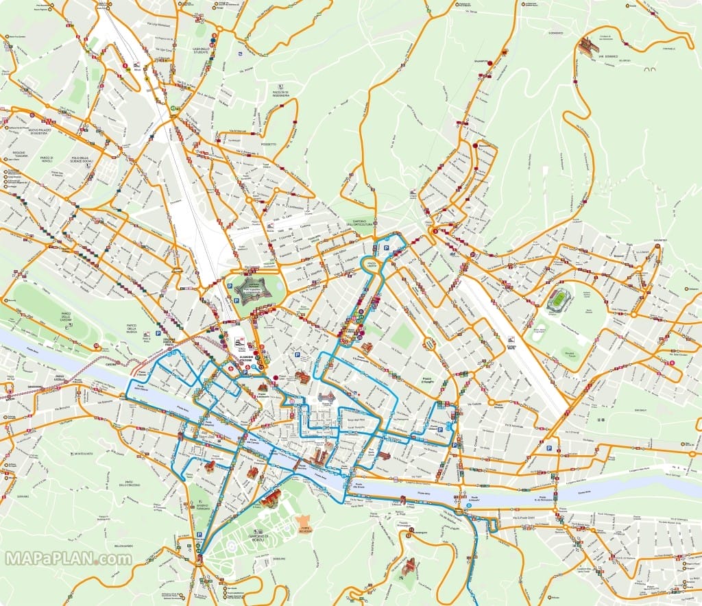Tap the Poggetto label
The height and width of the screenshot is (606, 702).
268,145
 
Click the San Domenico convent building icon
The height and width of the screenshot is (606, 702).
586,46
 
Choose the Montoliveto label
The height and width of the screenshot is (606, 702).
84,453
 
